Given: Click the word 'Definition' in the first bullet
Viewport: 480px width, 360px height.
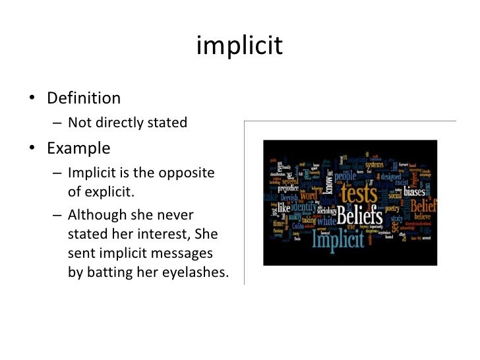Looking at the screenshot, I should pyautogui.click(x=84, y=99).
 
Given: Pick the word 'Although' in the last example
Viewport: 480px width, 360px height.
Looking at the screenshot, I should pyautogui.click(x=97, y=216).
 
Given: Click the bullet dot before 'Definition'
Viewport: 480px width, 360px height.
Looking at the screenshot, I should pyautogui.click(x=32, y=100).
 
